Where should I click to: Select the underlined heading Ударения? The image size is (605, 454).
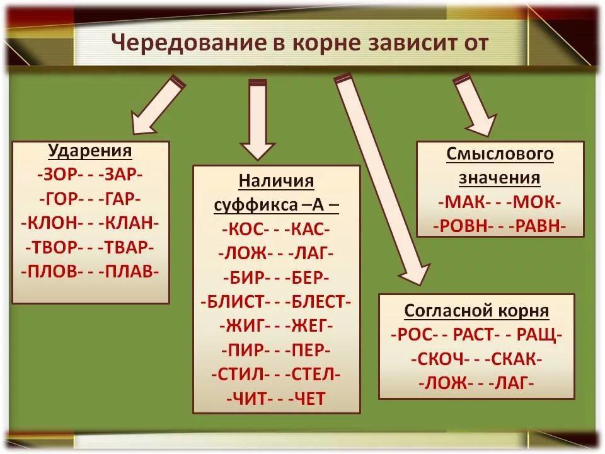click(x=90, y=152)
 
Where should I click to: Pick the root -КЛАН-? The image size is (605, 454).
click(x=130, y=223)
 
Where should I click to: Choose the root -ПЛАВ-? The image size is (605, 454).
click(x=130, y=272)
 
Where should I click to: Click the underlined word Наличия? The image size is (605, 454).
click(x=277, y=182)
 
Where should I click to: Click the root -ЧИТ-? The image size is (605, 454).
click(x=248, y=398)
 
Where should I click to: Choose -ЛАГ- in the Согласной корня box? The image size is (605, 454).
click(x=511, y=382)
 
